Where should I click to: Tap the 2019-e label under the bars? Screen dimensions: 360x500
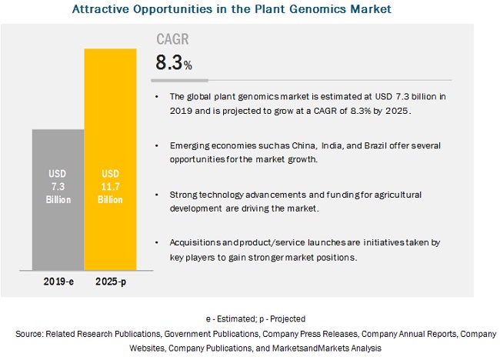tap(58, 282)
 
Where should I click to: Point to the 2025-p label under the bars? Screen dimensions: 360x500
tap(110, 282)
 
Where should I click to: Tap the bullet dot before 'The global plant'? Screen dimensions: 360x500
tap(156, 96)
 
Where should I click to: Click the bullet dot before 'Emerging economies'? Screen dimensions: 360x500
tap(156, 145)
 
